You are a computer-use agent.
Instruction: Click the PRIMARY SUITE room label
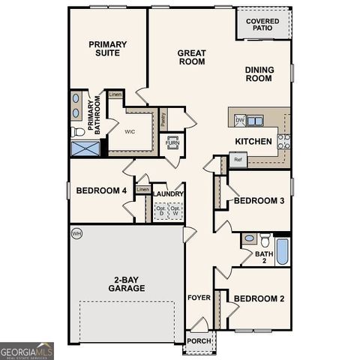(107, 49)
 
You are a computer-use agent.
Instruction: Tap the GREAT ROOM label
(191, 58)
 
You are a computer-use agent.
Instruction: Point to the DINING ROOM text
(259, 74)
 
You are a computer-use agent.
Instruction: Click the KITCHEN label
(253, 141)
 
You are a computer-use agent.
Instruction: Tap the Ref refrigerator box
(238, 160)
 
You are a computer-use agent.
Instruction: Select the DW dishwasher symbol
(240, 120)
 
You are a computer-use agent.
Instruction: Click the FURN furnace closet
(172, 142)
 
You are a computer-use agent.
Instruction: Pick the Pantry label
(163, 118)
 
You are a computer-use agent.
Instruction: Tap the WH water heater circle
(76, 234)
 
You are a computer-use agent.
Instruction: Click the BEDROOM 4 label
(101, 190)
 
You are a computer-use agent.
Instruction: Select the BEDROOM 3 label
(259, 200)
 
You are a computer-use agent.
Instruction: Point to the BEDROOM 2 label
(259, 298)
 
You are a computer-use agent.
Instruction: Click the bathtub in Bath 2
(283, 252)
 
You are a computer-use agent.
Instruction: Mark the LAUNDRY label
(168, 193)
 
